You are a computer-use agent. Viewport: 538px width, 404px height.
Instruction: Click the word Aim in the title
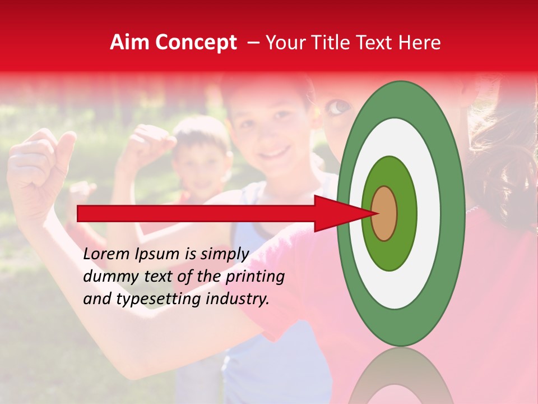pos(128,43)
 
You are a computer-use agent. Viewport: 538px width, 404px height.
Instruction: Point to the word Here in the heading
pos(420,43)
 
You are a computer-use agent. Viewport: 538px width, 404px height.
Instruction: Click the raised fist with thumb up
pos(39,168)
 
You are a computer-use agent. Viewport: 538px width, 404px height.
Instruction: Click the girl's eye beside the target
pos(338,106)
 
